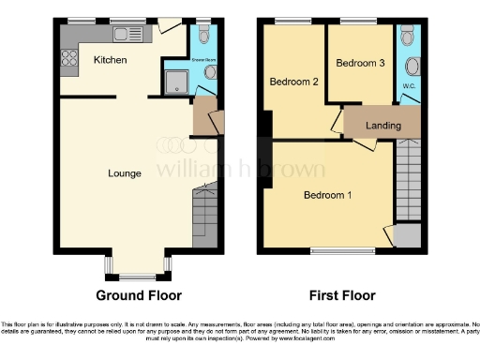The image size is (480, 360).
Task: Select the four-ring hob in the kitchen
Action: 68,58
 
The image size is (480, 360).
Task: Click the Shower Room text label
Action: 203,58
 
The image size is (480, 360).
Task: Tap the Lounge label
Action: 125,173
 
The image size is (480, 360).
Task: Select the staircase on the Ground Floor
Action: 204,216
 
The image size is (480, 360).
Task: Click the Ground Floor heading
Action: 138,294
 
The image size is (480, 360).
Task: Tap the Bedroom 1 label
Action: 327,195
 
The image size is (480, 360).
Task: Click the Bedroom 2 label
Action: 294,82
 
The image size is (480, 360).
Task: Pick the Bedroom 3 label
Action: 360,63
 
